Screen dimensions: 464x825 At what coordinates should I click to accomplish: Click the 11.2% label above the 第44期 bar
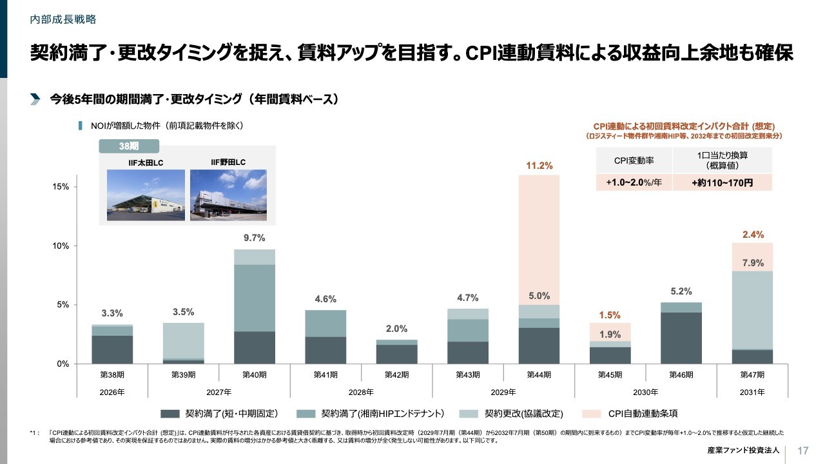click(x=539, y=166)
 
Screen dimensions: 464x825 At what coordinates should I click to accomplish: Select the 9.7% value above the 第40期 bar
click(x=254, y=238)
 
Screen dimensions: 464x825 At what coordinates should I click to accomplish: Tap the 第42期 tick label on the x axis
click(x=396, y=374)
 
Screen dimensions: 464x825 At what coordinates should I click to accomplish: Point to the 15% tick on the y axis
click(x=61, y=187)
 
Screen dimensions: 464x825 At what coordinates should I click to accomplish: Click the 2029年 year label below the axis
click(x=503, y=392)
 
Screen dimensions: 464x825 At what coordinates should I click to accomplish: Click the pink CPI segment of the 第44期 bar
click(x=539, y=238)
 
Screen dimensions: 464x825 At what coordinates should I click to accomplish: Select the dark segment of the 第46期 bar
click(x=681, y=338)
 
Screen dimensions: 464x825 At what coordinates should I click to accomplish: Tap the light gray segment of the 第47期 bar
click(x=752, y=310)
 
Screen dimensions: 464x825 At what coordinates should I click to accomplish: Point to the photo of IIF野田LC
click(x=228, y=195)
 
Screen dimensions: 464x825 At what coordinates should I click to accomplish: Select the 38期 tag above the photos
click(x=129, y=146)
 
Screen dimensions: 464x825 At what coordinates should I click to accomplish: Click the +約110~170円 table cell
click(x=722, y=183)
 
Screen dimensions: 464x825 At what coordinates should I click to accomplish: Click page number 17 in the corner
click(x=803, y=450)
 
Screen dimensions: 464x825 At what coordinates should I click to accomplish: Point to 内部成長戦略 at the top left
click(x=63, y=19)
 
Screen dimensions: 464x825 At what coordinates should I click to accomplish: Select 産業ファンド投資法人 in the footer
click(x=742, y=450)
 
